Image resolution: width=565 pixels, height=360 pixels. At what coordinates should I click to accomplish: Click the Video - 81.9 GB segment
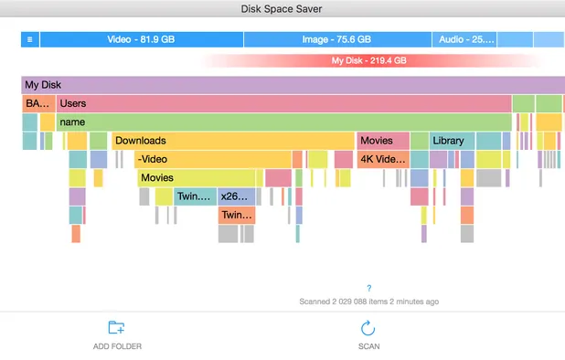142,40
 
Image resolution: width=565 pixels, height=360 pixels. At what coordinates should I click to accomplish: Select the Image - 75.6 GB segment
336,40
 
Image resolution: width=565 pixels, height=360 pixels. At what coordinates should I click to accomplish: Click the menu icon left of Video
30,40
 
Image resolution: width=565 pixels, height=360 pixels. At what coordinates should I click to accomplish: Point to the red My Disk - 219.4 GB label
368,60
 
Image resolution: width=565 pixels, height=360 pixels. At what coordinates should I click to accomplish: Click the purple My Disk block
274,85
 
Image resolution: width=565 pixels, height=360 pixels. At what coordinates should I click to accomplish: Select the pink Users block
283,103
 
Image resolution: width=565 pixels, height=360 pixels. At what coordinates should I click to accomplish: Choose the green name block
283,122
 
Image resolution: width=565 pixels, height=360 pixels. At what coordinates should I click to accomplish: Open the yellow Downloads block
232,141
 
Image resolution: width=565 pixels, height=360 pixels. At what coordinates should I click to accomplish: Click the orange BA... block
38,103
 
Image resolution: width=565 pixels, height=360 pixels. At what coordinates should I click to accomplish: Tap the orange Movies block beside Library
381,141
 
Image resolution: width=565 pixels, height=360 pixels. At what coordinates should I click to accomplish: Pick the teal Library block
452,141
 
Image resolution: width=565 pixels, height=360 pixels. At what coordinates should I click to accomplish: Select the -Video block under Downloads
212,159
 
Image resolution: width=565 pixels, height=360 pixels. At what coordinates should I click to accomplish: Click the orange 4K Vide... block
381,159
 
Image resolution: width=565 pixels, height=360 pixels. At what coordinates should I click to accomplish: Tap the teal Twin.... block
195,196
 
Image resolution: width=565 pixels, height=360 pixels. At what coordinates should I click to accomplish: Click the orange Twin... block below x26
237,215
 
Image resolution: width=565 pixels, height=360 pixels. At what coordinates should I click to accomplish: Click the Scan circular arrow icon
368,328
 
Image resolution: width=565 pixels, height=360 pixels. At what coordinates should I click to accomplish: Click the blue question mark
368,288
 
